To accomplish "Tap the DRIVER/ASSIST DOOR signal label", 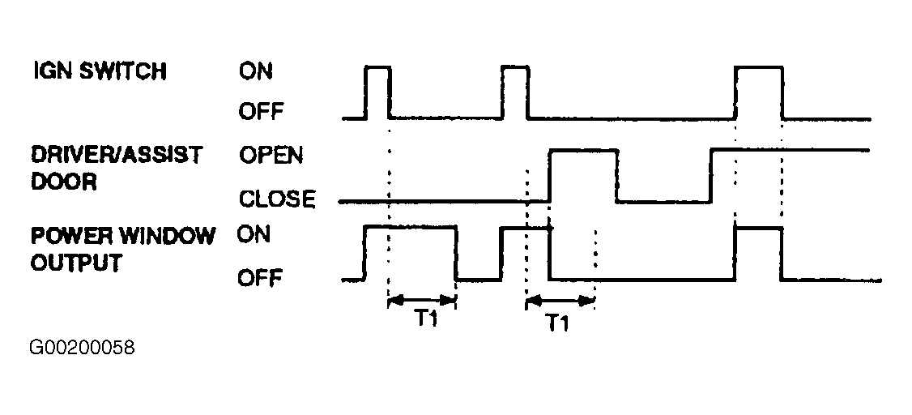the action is [117, 169].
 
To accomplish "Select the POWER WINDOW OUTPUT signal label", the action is [123, 249].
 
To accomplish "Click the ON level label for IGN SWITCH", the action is [256, 71].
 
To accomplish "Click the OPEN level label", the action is [271, 156].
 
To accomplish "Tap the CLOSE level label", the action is [277, 199].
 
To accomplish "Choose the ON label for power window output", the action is [254, 235].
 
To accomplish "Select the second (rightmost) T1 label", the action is [557, 323].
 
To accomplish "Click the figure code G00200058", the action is [82, 348].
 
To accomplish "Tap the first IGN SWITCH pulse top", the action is [378, 68].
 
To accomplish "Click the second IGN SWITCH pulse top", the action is [515, 68].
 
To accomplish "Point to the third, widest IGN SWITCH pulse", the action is [759, 67].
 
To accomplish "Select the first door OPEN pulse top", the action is [583, 151].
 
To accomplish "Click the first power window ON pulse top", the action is [410, 226].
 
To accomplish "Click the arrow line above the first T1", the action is [422, 301].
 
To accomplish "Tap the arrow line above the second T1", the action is [560, 301].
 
